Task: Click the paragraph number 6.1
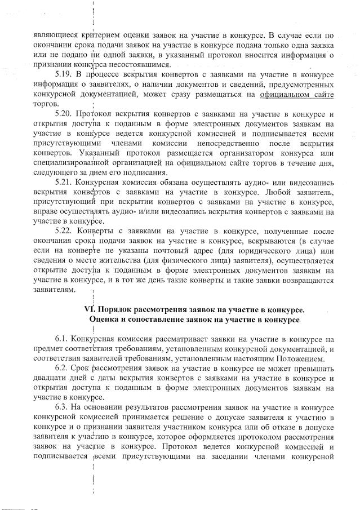(62, 339)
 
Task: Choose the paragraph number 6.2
(62, 368)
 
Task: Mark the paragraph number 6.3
(62, 407)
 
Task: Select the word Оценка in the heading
(104, 320)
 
